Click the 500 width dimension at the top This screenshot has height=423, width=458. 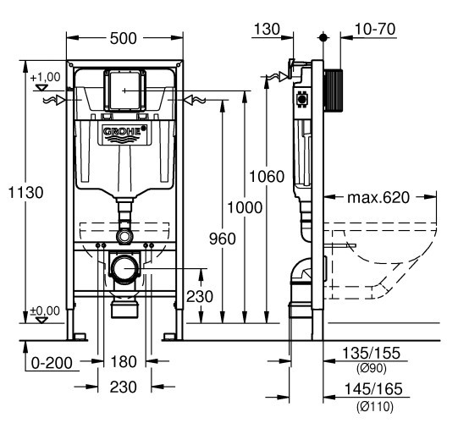click(123, 38)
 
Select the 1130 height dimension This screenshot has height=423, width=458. click(25, 192)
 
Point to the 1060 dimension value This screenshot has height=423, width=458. click(267, 176)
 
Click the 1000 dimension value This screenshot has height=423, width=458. click(245, 207)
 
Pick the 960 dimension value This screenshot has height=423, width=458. click(223, 239)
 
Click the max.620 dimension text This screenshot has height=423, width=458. click(378, 198)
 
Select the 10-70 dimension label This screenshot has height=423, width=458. click(375, 30)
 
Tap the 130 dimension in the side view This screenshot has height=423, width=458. click(267, 30)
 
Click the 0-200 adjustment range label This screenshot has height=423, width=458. click(52, 363)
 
